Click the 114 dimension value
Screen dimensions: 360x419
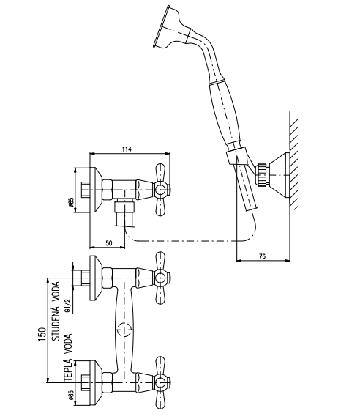(x=127, y=149)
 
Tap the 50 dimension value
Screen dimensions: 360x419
(x=109, y=243)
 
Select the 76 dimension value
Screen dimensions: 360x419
(x=263, y=256)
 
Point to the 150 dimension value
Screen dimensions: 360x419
(x=42, y=334)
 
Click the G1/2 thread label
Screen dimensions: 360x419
(x=68, y=305)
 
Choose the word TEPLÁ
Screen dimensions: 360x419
(x=68, y=368)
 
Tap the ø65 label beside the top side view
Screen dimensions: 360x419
(x=71, y=203)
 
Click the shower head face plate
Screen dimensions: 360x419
(x=161, y=26)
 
